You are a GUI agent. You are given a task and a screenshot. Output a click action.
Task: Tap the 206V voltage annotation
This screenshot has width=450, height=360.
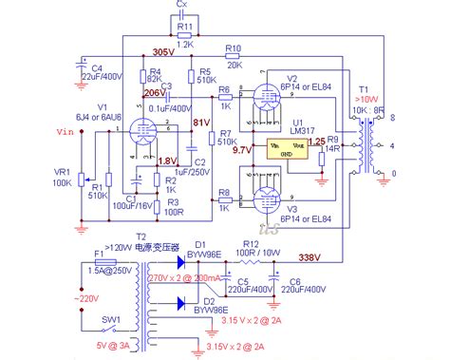(x=153, y=94)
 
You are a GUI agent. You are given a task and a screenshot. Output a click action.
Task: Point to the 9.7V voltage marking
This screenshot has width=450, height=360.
(x=241, y=150)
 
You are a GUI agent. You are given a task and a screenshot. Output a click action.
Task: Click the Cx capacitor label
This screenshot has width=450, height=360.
(x=183, y=6)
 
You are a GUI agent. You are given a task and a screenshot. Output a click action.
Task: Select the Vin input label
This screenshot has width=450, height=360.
(x=66, y=132)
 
